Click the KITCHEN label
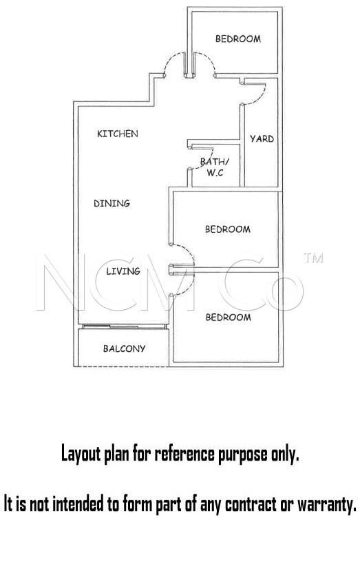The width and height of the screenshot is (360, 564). click(x=118, y=134)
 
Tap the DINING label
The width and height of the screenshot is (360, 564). click(x=112, y=204)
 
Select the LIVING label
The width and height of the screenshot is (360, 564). click(x=123, y=271)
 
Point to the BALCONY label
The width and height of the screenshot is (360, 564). click(x=124, y=348)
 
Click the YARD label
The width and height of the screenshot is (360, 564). click(x=262, y=139)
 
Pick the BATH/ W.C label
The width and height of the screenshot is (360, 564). click(x=214, y=167)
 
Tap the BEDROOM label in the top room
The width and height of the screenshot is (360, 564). click(x=238, y=39)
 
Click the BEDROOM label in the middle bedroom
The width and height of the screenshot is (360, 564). click(x=228, y=229)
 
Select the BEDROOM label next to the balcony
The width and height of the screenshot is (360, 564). click(x=229, y=317)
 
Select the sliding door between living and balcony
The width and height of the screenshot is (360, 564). click(x=124, y=326)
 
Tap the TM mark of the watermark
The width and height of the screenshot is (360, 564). click(x=313, y=258)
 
